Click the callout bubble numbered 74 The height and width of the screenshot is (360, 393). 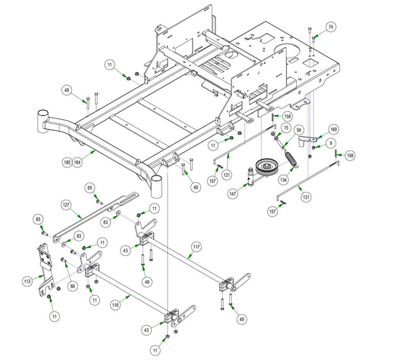tap(331, 27)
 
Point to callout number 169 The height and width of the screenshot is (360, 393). tap(333, 130)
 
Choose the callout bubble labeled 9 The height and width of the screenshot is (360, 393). tap(331, 143)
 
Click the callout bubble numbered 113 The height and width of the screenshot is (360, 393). tap(27, 281)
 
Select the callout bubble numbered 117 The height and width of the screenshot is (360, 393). tap(196, 247)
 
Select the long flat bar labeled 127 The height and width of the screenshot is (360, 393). tap(92, 217)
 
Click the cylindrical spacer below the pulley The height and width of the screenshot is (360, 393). tap(250, 179)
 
